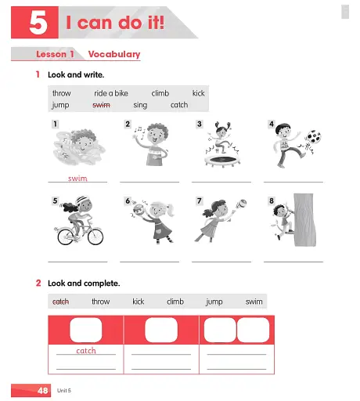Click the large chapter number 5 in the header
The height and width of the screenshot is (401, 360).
pos(38,23)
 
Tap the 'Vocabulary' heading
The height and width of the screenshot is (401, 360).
pos(114,54)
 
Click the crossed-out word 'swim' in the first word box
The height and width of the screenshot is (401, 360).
pos(101,104)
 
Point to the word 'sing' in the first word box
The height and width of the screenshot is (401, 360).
pos(140,104)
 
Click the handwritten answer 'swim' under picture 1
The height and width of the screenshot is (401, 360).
pos(77,179)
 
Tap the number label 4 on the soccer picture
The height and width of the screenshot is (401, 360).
pos(272,125)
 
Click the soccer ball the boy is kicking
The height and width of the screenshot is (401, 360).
pos(313,139)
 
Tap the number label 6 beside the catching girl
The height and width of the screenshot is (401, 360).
pos(128,201)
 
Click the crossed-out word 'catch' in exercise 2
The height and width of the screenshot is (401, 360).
pos(60,301)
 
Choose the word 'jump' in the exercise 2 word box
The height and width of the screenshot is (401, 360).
pos(214,301)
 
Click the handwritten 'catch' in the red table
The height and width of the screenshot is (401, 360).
pos(86,351)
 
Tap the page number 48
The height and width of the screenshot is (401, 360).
pos(43,389)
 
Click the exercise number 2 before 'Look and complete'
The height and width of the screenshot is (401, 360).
pos(38,282)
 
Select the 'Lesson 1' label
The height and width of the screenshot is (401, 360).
pos(55,54)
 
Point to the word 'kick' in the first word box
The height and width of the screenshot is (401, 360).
pos(199,93)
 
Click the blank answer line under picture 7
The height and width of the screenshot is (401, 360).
pos(221,261)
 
